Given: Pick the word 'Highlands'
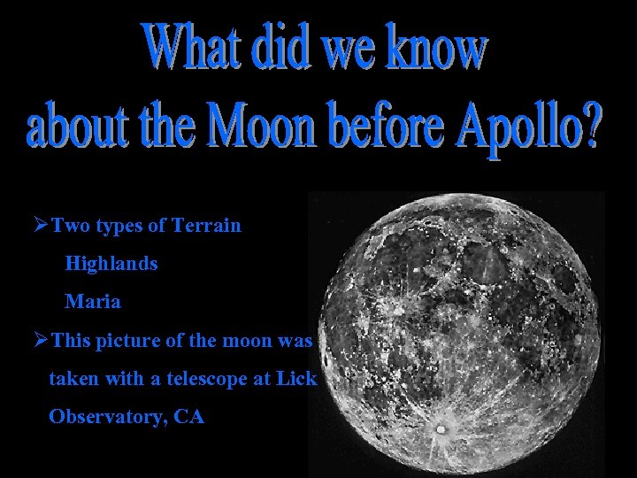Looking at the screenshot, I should point(111,264).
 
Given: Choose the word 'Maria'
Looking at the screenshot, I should point(93,302).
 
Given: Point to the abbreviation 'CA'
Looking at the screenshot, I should point(189,417).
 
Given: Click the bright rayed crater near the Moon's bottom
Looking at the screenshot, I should point(440,430).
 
